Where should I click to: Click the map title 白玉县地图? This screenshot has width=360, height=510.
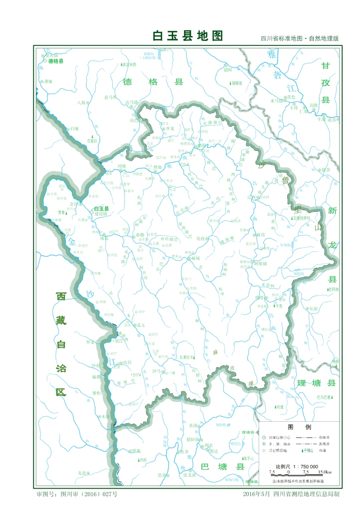pyautogui.click(x=188, y=36)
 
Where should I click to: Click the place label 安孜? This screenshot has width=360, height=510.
pyautogui.click(x=201, y=238)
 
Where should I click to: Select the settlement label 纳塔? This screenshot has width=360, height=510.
pyautogui.click(x=260, y=297)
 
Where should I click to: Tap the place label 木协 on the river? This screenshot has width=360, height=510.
pyautogui.click(x=105, y=417)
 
